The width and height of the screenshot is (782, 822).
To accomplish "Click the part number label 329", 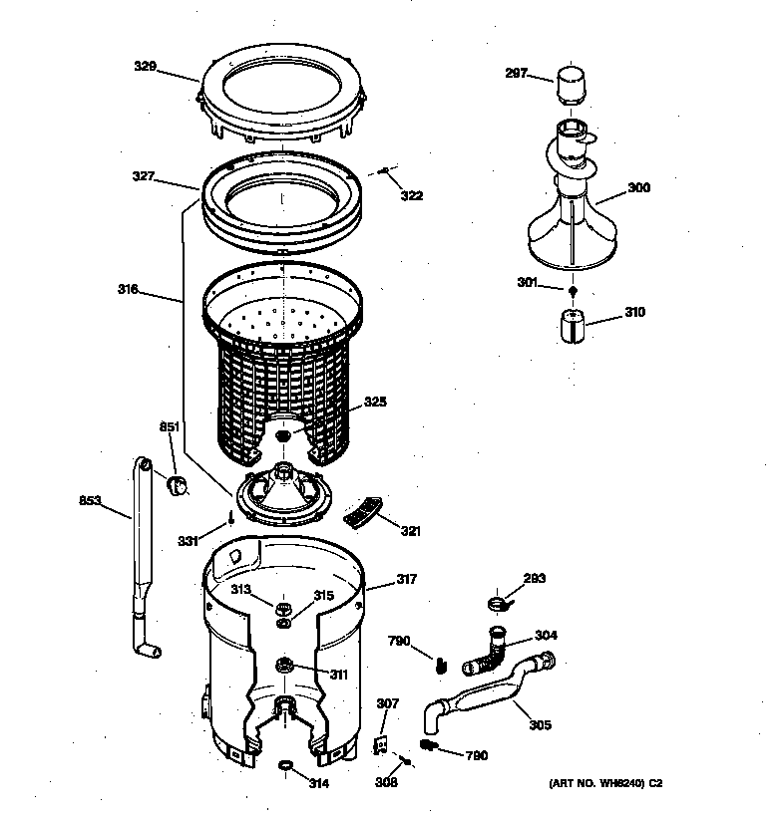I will coord(146,66).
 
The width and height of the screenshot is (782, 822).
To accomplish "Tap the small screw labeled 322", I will coord(384,172).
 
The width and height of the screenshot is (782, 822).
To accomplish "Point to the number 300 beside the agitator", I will coord(638,186).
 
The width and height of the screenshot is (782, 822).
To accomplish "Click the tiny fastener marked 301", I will coord(572,291).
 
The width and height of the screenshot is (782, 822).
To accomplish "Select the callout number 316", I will coord(128,291).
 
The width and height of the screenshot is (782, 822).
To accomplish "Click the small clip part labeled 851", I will coord(180,484).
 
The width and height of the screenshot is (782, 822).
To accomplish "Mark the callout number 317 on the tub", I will coord(406,579).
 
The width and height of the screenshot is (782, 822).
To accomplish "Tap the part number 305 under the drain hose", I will coord(540,724).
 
